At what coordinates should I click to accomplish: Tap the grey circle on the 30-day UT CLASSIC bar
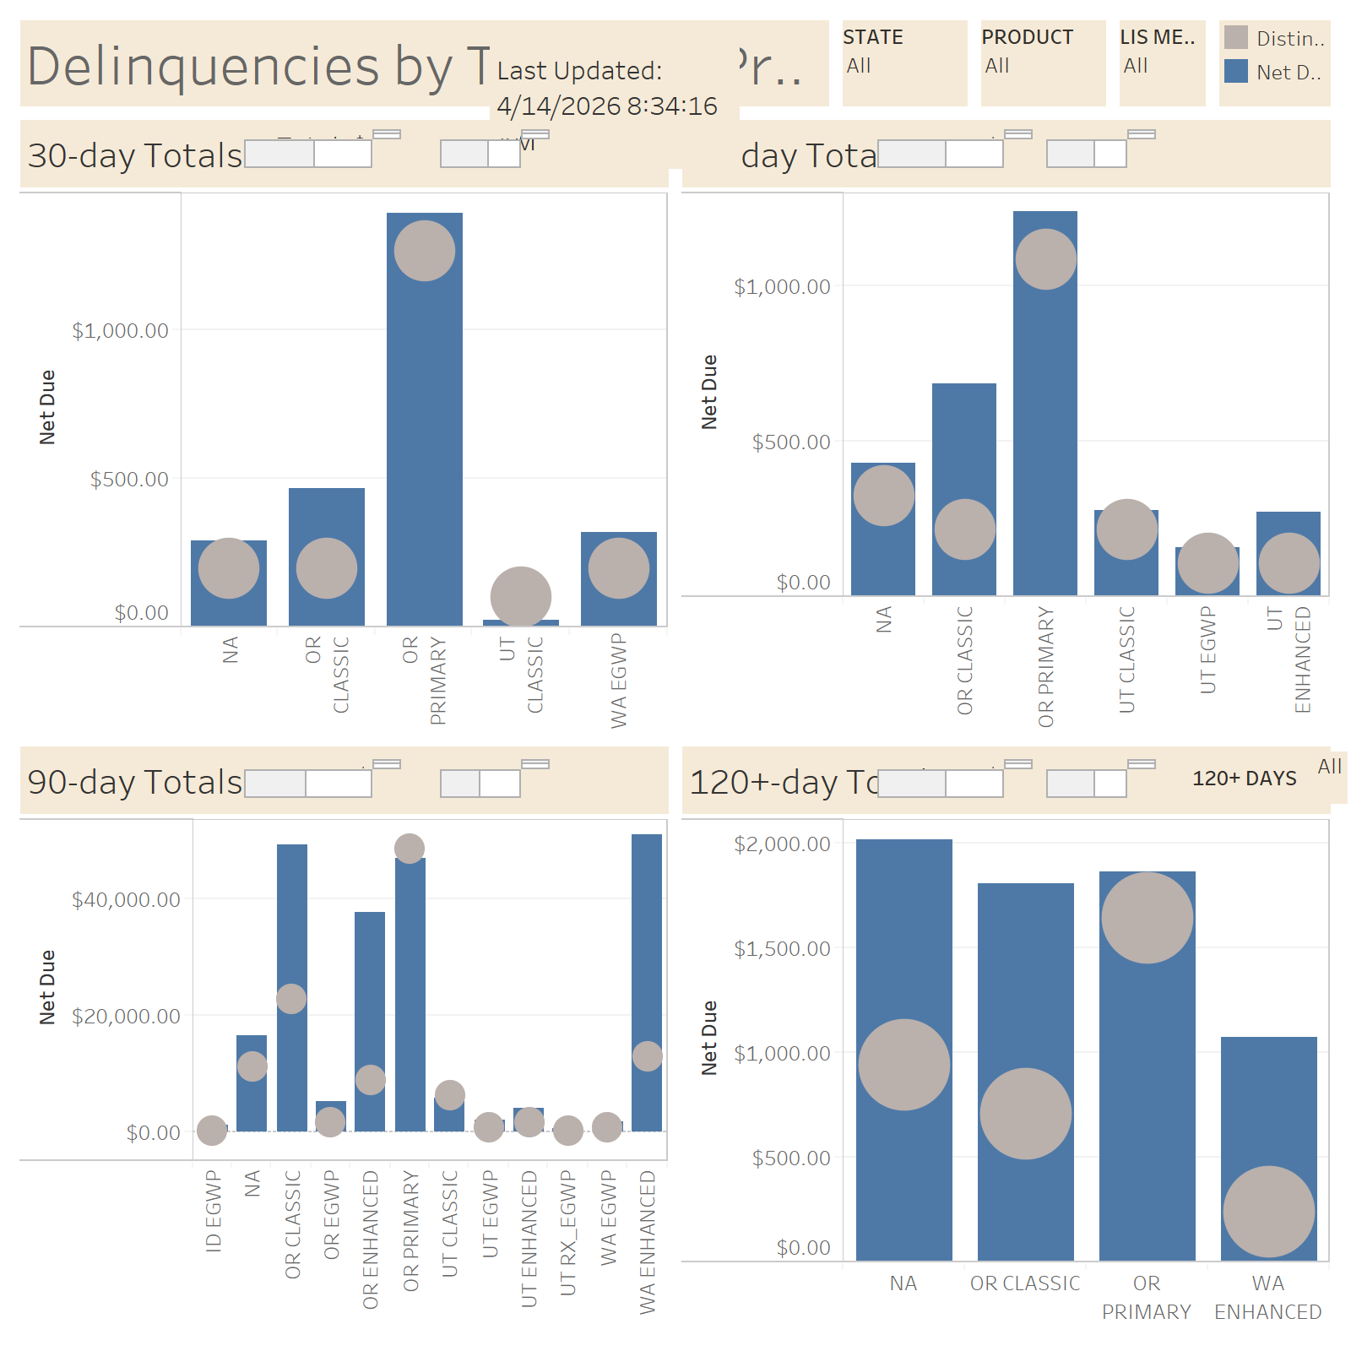521,597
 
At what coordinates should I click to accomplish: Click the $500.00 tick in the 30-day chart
129,480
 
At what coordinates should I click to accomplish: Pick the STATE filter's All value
859,66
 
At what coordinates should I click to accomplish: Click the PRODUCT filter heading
1027,37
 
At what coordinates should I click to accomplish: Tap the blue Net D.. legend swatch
1236,72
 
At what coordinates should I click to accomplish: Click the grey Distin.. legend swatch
1236,38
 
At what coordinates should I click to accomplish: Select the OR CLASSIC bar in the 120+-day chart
1025,971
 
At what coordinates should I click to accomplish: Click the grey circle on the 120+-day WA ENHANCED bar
1268,1212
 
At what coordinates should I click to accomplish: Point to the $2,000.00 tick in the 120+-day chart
782,844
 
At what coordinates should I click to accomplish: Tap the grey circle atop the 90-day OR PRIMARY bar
410,849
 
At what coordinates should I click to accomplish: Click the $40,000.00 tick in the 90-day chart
126,900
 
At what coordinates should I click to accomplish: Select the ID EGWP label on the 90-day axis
213,1211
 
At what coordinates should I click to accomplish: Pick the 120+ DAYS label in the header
1244,779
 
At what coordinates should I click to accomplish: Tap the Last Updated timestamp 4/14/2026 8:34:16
606,106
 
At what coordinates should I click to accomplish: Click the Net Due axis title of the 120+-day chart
709,1038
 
